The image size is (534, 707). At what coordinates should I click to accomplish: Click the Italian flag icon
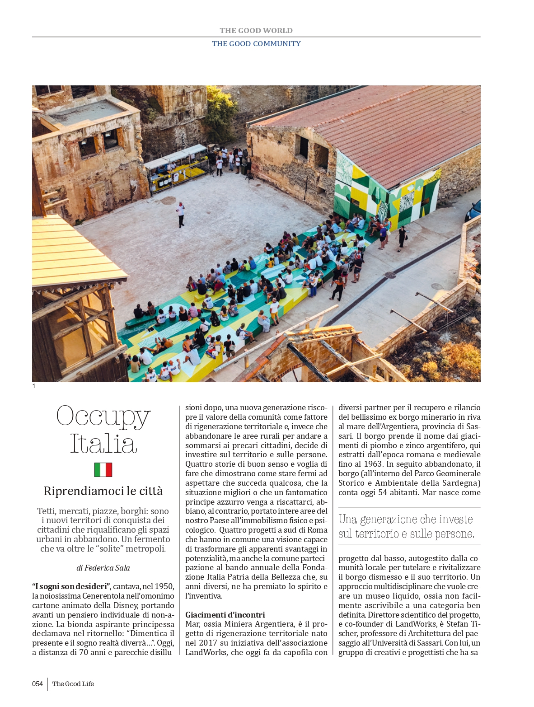(103, 470)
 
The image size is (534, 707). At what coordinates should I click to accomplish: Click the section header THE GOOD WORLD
(256, 31)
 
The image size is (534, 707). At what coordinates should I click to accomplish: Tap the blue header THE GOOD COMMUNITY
(256, 44)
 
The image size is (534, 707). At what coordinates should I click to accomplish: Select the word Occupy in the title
(103, 416)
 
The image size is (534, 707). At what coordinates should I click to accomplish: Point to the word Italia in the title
(103, 445)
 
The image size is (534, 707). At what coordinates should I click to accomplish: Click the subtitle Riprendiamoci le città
(103, 491)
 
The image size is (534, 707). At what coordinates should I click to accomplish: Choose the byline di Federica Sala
(103, 568)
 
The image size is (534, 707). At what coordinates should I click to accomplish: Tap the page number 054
(37, 684)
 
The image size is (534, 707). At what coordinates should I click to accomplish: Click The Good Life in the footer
(73, 684)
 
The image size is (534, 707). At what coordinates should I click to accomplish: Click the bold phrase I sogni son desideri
(71, 586)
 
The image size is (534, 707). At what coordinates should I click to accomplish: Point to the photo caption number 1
(34, 386)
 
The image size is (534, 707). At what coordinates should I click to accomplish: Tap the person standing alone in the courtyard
(181, 215)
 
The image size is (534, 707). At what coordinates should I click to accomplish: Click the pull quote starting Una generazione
(406, 527)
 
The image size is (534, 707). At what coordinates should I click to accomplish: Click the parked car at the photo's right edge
(473, 211)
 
